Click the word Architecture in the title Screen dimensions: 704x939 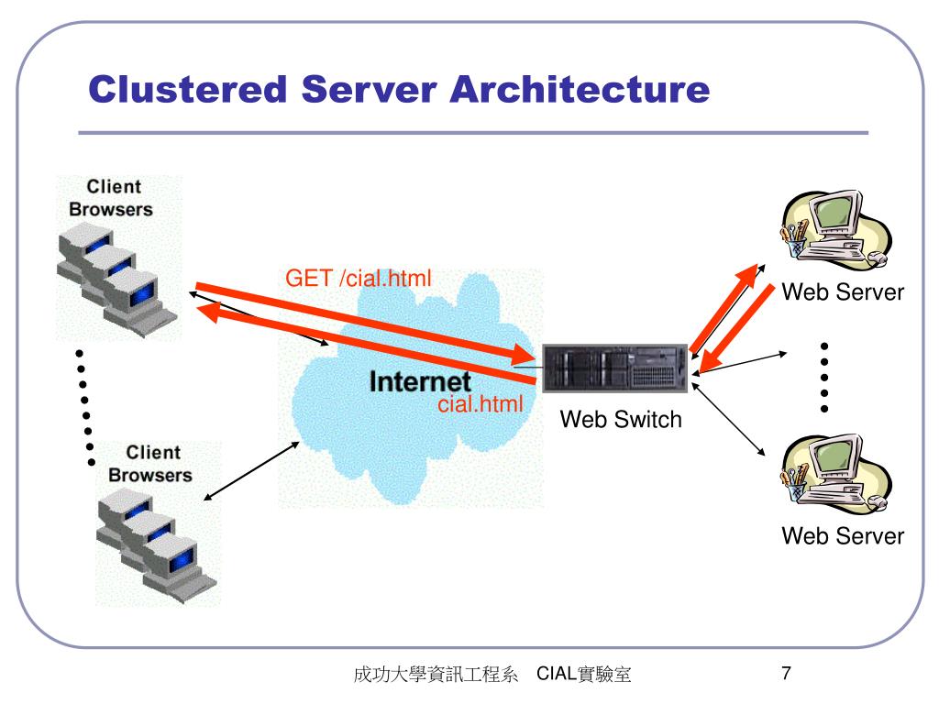click(580, 90)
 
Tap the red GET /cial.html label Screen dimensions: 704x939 click(359, 278)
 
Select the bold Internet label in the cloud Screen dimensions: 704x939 click(420, 381)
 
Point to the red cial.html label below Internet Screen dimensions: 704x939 click(480, 403)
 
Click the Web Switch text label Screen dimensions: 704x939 click(621, 420)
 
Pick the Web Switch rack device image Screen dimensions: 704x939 click(613, 368)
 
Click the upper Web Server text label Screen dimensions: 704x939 click(842, 292)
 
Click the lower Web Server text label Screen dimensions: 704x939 click(842, 536)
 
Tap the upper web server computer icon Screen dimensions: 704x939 click(830, 229)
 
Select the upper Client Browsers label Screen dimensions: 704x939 click(111, 198)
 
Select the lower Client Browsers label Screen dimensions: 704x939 click(149, 464)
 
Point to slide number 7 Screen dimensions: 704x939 click(786, 675)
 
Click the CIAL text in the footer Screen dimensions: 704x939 click(556, 676)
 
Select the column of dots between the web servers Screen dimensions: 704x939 click(824, 377)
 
